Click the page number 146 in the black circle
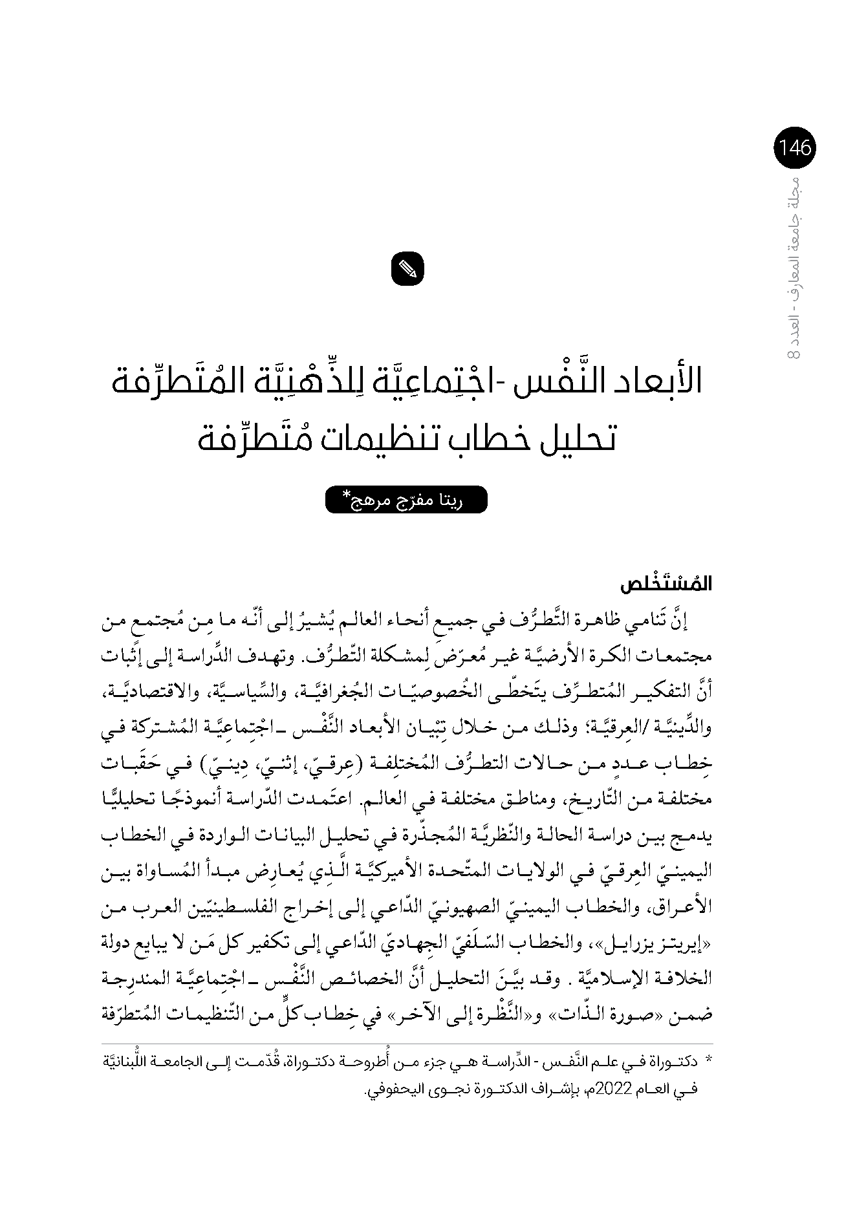click(795, 148)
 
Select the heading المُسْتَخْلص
click(666, 584)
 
